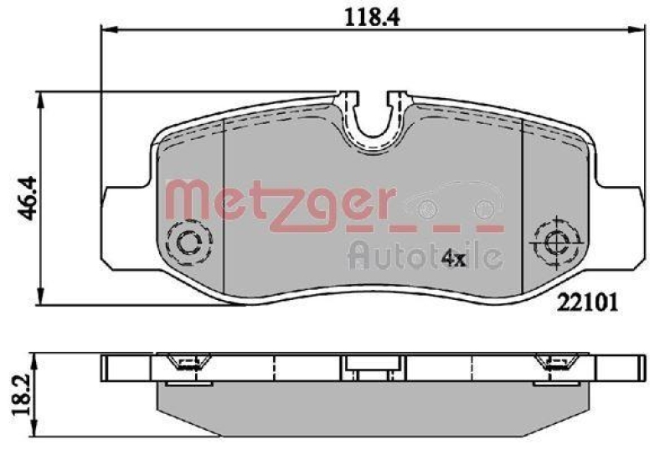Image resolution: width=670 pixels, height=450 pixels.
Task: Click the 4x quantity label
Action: point(453,257)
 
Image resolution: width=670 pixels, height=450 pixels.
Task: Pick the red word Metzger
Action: point(279,200)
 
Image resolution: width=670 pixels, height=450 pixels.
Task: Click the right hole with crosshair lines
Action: point(555,241)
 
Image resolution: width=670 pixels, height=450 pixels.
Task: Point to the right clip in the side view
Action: point(554,363)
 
